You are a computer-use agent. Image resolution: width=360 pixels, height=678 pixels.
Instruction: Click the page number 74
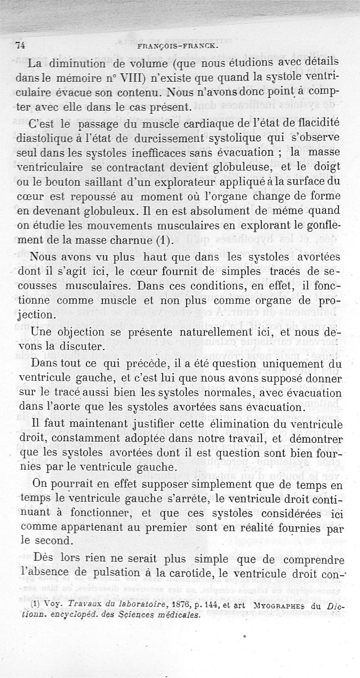pos(20,45)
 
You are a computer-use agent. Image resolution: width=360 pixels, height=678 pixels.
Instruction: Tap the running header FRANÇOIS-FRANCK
pos(177,45)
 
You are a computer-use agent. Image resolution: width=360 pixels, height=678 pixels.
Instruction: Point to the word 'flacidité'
pos(317,123)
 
